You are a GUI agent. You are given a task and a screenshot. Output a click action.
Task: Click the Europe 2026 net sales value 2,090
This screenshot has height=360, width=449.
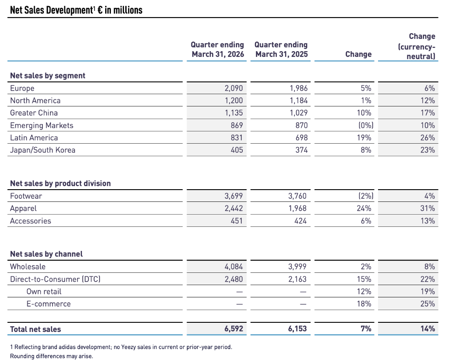[x=233, y=88]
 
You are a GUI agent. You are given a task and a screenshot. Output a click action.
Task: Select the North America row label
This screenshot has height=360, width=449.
[x=35, y=101]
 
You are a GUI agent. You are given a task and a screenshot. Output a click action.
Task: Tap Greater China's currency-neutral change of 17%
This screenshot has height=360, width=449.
[x=428, y=113]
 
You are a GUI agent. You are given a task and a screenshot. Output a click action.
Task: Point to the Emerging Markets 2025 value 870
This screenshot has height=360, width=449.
[x=301, y=125]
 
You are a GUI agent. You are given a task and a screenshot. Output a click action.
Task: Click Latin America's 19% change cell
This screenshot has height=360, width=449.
[x=364, y=138]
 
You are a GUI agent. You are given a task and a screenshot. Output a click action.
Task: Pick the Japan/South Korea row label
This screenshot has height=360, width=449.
[x=42, y=150]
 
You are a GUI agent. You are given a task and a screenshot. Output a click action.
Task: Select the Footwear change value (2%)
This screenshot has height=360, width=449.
[x=366, y=196]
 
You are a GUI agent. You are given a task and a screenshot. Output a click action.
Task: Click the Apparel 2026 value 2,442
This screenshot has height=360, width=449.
[x=233, y=208]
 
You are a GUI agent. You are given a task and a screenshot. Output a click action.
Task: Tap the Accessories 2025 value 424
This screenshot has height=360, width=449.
[x=301, y=221]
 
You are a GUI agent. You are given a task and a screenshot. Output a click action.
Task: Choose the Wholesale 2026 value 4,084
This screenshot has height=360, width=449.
[x=233, y=267]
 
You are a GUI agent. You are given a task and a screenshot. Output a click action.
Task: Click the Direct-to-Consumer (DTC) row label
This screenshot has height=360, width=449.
[x=55, y=279]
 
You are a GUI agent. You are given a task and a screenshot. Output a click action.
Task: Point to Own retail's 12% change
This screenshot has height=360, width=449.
[x=364, y=292]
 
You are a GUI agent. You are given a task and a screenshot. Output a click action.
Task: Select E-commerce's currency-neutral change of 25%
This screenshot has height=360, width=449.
[x=428, y=304]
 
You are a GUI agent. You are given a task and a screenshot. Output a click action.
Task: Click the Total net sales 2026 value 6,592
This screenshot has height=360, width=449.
[x=233, y=329]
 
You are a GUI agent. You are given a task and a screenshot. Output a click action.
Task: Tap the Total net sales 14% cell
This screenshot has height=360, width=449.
[x=428, y=329]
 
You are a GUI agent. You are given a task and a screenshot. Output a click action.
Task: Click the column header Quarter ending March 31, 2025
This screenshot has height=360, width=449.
[x=281, y=49]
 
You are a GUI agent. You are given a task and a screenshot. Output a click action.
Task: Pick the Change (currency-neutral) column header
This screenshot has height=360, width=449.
[x=417, y=46]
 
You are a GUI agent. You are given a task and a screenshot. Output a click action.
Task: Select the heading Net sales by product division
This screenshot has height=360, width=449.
[x=60, y=184]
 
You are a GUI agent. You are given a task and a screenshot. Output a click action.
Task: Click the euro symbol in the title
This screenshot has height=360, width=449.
[x=100, y=10]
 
